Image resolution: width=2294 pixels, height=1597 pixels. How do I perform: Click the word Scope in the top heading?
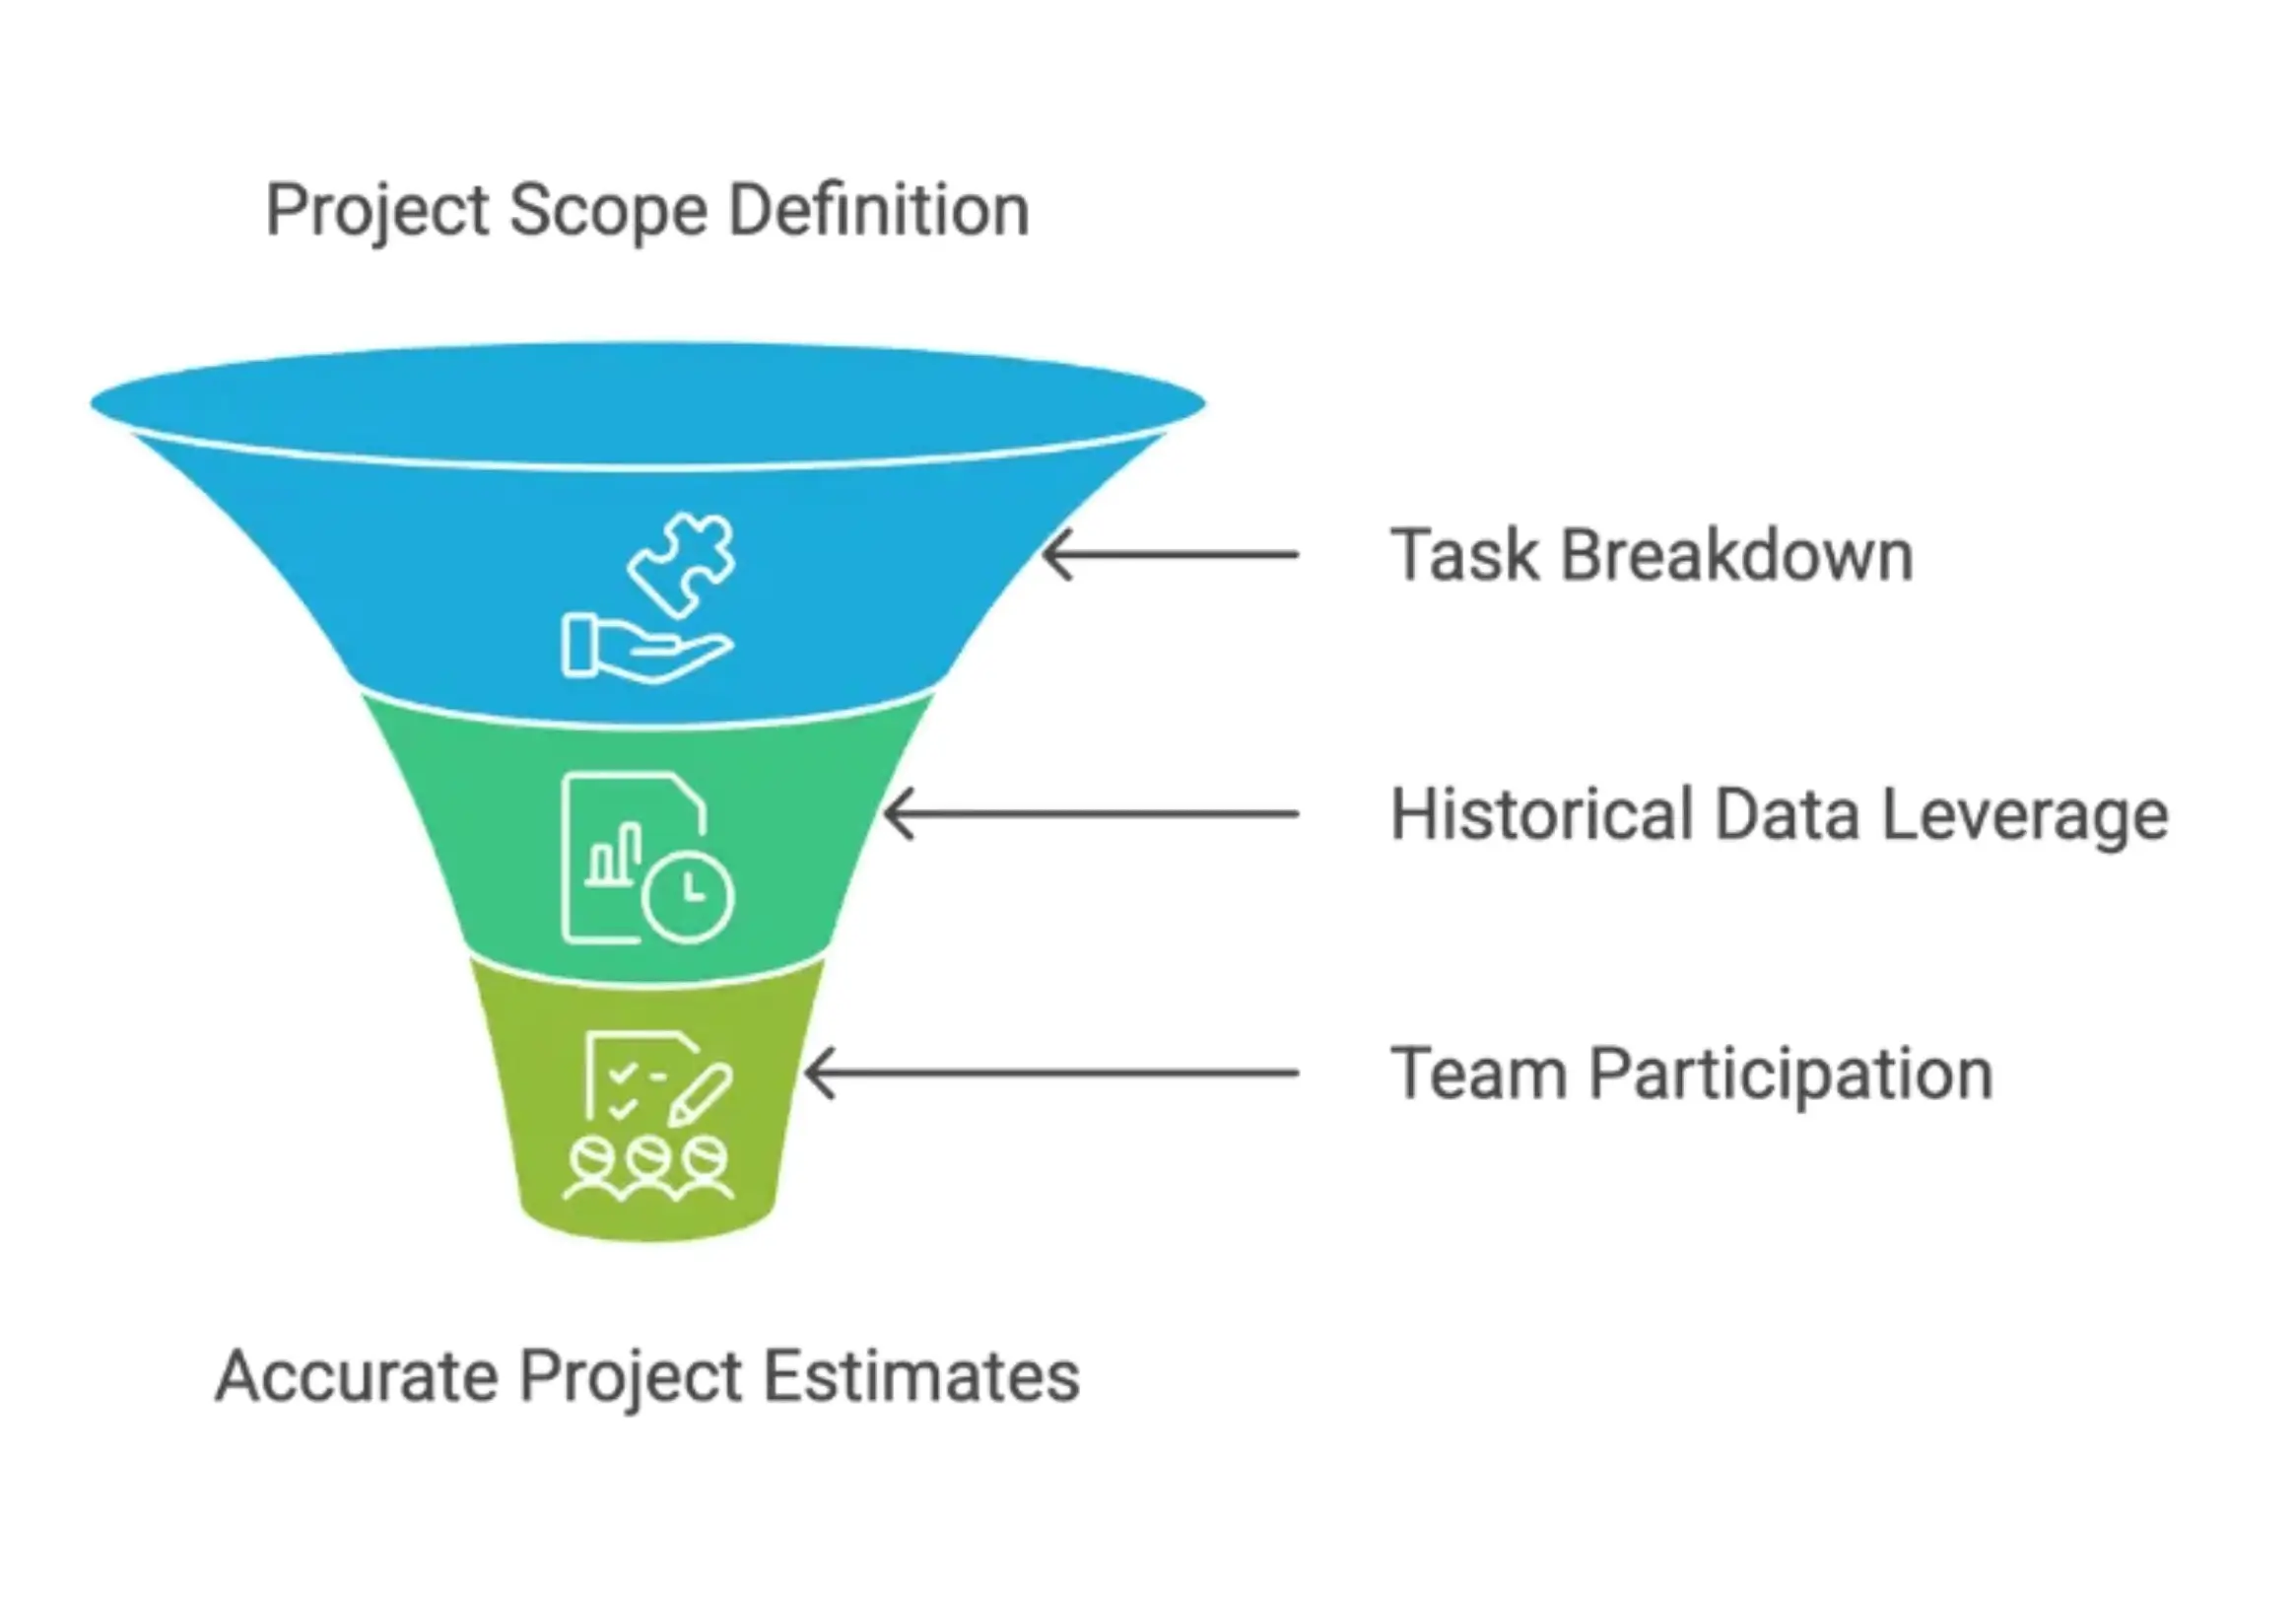click(607, 211)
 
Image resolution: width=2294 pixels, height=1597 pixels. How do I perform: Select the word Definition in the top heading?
click(878, 211)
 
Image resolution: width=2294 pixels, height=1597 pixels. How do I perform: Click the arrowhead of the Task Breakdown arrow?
click(1054, 555)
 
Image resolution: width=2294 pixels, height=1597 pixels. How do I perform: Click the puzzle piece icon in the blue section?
click(683, 563)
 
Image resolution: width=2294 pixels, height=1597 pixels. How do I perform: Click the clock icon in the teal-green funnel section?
click(689, 895)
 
